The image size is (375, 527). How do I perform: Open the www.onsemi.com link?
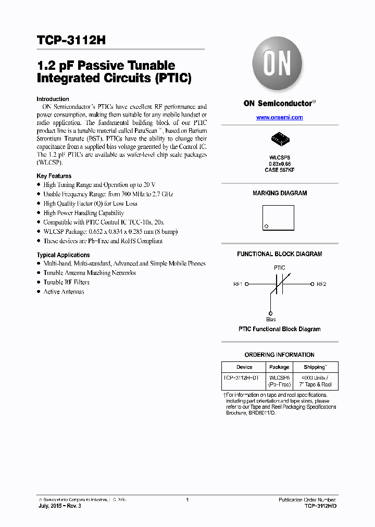[x=279, y=118]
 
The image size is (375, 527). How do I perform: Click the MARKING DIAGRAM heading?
[x=280, y=193]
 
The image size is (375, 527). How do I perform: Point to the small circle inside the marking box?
[x=267, y=226]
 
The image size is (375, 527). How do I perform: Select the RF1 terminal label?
[x=238, y=284]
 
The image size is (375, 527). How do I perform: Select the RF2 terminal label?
[x=321, y=284]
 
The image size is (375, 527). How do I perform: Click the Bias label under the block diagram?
[x=271, y=319]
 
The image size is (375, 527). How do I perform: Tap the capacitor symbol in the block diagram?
[x=279, y=285]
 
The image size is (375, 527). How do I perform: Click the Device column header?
[x=244, y=367]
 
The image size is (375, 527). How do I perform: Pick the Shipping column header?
[x=315, y=367]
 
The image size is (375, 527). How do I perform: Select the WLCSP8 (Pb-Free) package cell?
[x=280, y=381]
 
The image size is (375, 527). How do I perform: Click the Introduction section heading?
[x=53, y=99]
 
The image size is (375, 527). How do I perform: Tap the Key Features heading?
[x=54, y=176]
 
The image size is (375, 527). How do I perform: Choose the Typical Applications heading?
[x=63, y=255]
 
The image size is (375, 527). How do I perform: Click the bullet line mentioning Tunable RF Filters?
[x=66, y=282]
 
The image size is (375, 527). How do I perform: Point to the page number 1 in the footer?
[x=187, y=500]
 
